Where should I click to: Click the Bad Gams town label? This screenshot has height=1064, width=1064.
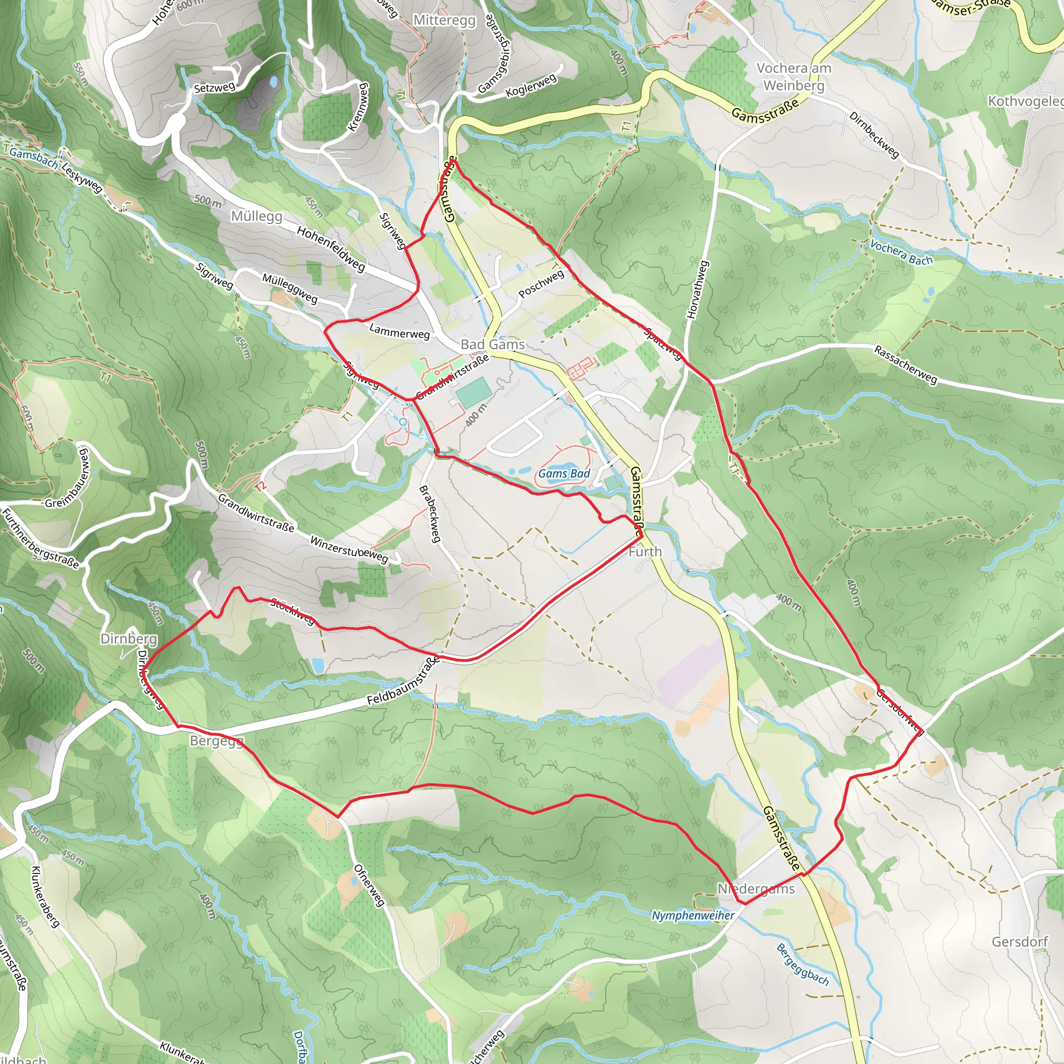(493, 345)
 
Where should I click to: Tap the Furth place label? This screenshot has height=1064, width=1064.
(645, 551)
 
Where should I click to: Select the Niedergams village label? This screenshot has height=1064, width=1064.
(756, 889)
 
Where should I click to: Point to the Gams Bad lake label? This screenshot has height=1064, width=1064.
(564, 474)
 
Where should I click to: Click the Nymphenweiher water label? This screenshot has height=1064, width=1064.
(693, 915)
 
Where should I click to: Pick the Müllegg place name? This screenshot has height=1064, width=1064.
(257, 216)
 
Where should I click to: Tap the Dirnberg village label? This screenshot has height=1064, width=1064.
(129, 639)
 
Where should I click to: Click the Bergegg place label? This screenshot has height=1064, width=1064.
(216, 741)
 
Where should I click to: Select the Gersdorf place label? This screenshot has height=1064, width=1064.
(1019, 942)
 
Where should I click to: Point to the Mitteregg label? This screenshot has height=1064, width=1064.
(444, 20)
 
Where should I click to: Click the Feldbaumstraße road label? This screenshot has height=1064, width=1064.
(404, 681)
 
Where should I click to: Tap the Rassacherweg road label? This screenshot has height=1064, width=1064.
(906, 365)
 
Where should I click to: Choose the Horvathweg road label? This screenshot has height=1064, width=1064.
(697, 290)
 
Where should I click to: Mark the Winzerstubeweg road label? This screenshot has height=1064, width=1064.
(349, 549)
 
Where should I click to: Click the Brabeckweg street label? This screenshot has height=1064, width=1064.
(430, 513)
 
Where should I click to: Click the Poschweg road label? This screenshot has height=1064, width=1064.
(541, 283)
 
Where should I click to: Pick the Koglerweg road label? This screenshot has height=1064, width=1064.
(531, 85)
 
